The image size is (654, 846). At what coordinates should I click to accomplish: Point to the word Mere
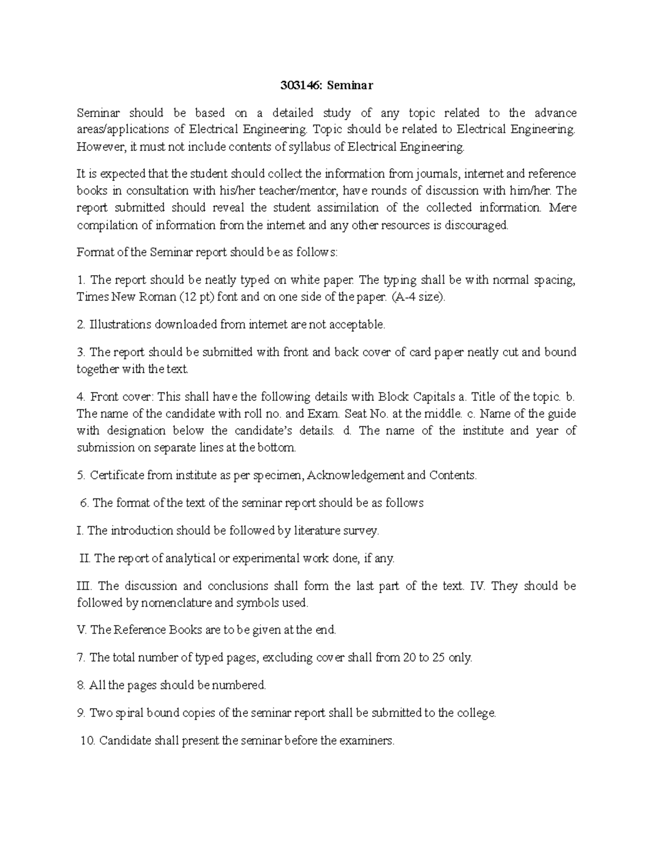(x=564, y=208)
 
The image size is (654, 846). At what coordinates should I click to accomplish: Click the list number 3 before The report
(x=80, y=352)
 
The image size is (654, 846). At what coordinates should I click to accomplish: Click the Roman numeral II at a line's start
(x=84, y=558)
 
